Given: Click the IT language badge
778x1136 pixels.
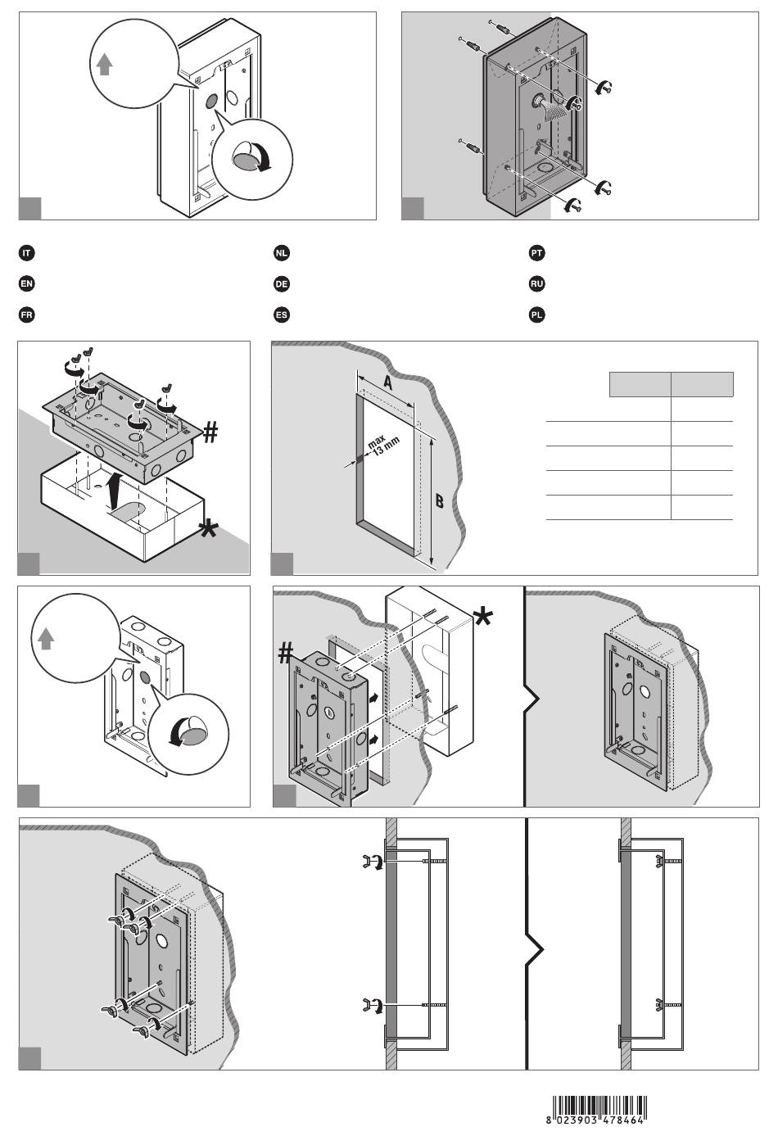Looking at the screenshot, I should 27,253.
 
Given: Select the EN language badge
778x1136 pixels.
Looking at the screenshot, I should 27,283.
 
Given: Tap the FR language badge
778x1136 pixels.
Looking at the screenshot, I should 27,315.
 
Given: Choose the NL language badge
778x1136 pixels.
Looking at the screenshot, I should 282,253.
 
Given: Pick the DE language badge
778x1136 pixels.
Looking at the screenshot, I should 282,283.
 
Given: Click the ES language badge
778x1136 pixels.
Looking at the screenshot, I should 282,315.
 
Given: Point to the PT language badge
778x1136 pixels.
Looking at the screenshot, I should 536,253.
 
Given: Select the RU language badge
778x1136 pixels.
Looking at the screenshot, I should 536,283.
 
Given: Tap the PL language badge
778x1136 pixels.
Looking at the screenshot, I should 536,315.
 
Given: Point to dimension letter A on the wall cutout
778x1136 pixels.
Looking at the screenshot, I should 387,382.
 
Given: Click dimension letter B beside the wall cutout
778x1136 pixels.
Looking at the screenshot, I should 439,501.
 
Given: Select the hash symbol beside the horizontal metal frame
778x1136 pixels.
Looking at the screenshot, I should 210,433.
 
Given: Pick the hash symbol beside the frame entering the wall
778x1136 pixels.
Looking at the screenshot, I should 285,653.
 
